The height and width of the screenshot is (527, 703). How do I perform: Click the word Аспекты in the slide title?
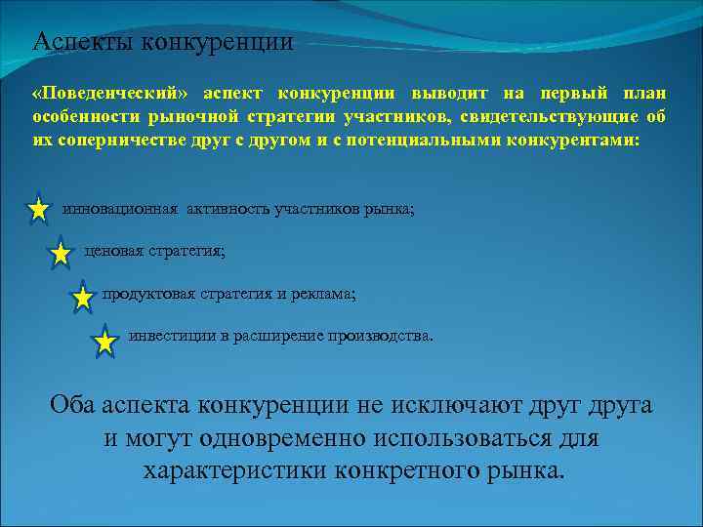[x=84, y=42]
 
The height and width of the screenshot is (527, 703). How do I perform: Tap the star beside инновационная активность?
[x=38, y=210]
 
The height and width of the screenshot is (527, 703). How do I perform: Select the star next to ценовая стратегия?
[x=61, y=255]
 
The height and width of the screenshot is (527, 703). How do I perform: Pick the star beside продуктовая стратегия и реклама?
[x=83, y=298]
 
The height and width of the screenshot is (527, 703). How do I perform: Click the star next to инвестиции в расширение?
[x=104, y=343]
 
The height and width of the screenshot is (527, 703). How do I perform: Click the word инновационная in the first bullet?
[x=120, y=208]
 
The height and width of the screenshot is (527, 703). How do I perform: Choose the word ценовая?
[x=114, y=251]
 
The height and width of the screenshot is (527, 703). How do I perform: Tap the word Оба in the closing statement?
[x=71, y=405]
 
